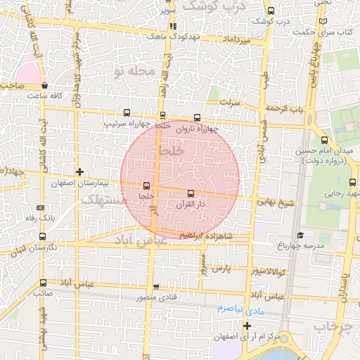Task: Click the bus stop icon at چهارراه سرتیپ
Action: tap(127, 112)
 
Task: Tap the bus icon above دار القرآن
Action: tap(191, 192)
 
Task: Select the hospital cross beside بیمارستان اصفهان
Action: tap(80, 172)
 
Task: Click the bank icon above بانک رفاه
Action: tap(40, 207)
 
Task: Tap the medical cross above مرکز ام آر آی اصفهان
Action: tap(247, 326)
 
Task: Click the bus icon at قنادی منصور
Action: tap(155, 286)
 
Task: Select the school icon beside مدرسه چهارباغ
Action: tap(300, 235)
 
